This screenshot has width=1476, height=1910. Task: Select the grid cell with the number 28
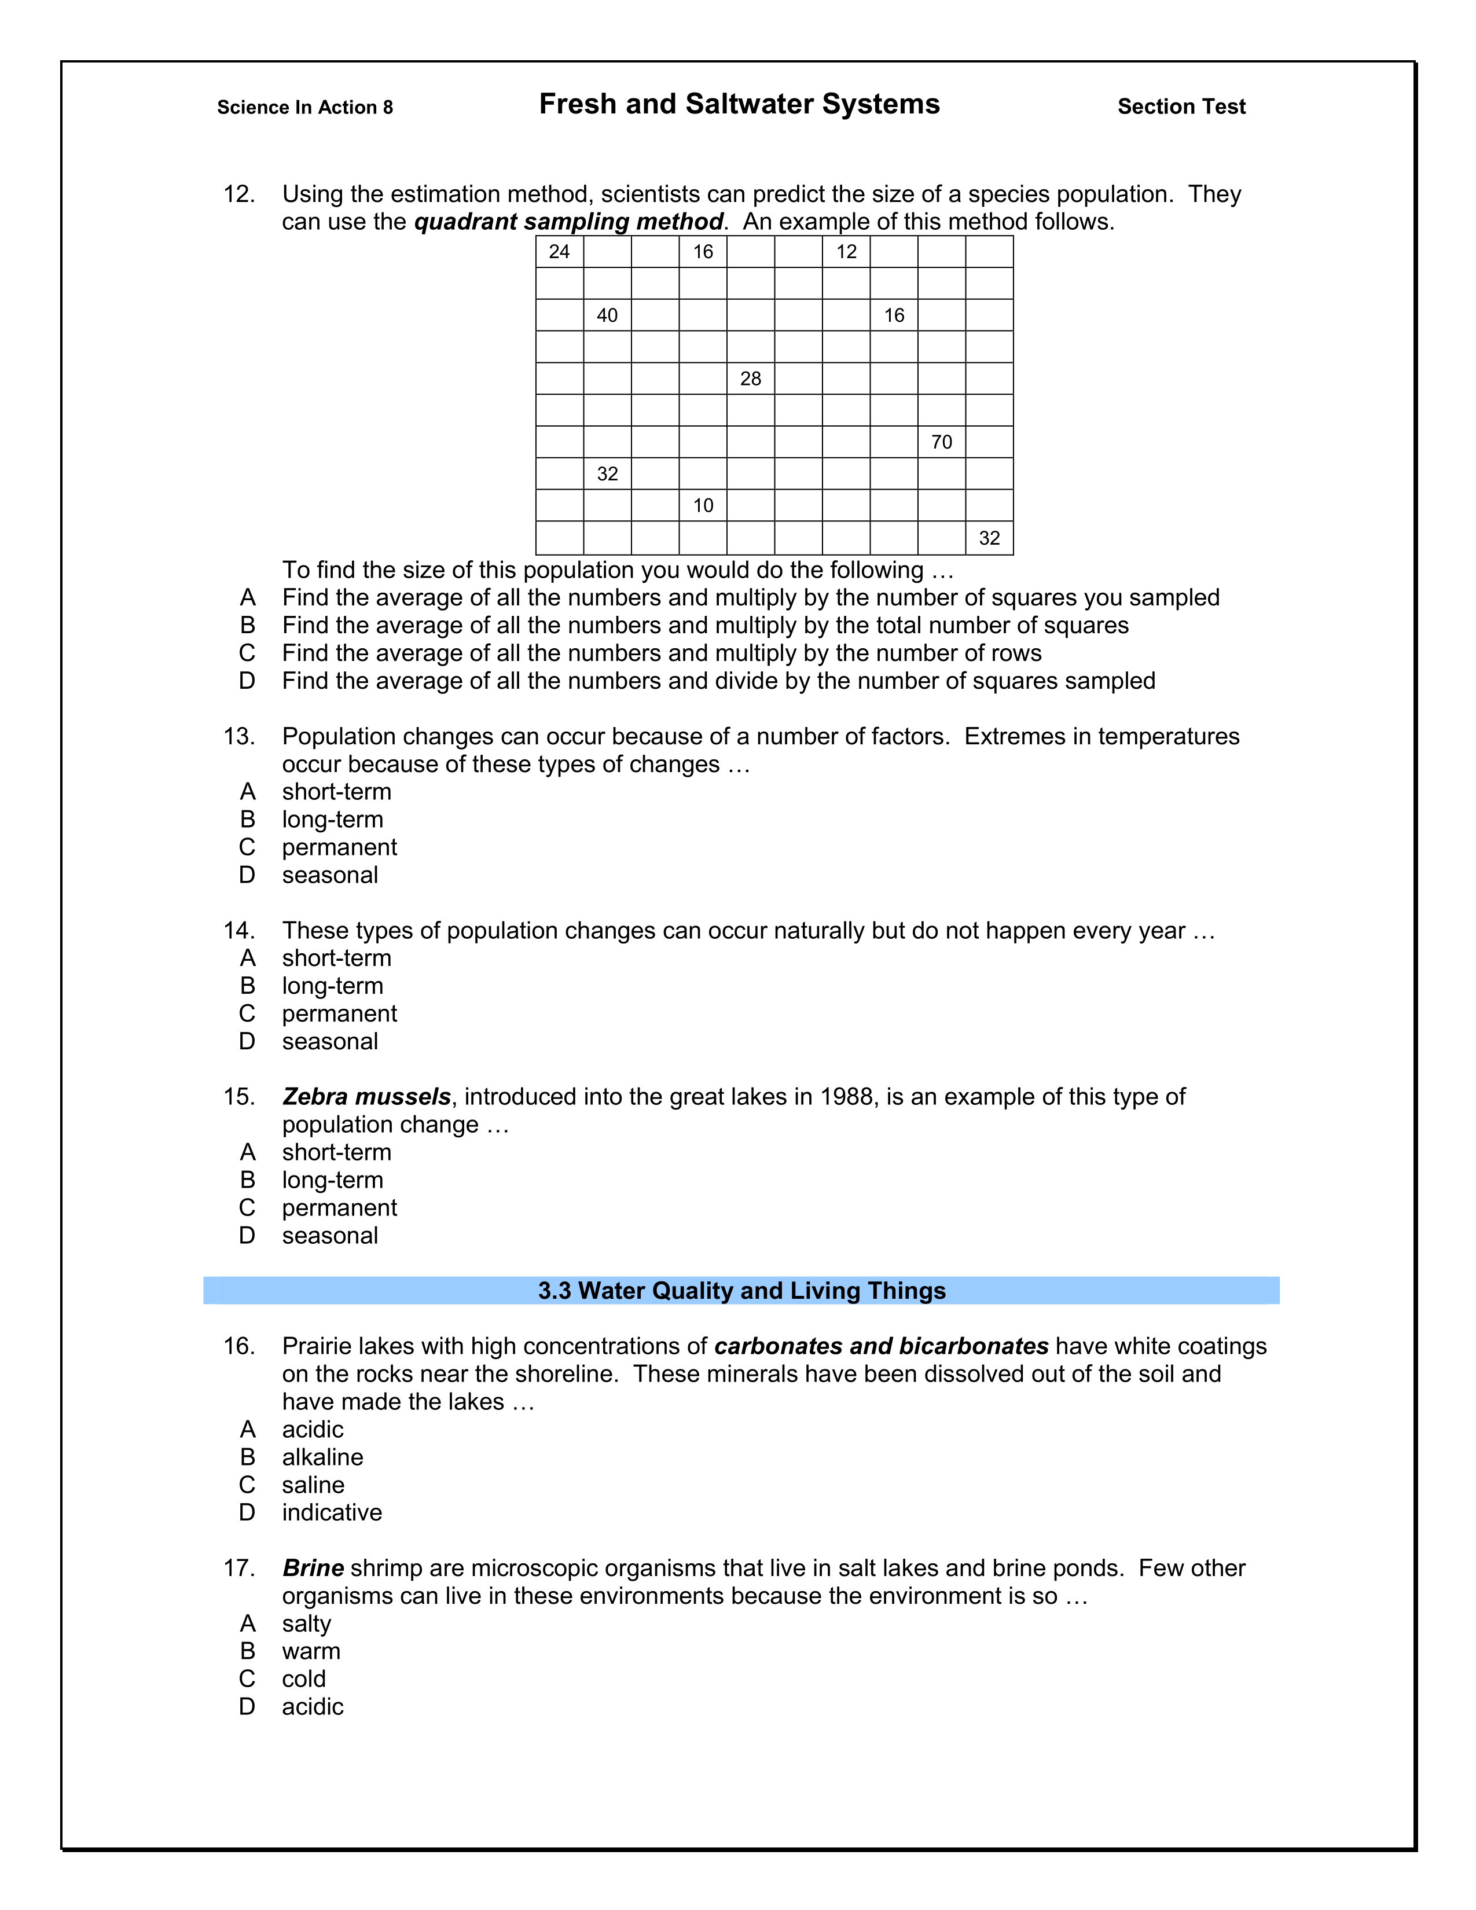[750, 379]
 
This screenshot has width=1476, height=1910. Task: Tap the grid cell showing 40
[607, 315]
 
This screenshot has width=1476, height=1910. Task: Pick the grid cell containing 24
[560, 252]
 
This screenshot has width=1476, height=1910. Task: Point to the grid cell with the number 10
[703, 505]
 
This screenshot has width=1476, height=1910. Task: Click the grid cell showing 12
[846, 252]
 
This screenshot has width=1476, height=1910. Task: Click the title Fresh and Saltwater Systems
[739, 104]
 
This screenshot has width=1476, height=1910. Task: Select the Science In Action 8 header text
[305, 108]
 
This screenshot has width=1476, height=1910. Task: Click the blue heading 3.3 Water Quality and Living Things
[741, 1291]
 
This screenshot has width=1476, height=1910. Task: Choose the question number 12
[238, 194]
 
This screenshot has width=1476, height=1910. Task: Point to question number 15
[238, 1097]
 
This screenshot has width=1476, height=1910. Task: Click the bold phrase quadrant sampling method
[568, 222]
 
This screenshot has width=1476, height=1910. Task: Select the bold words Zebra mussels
[366, 1097]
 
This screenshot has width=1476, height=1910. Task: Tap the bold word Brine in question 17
[313, 1568]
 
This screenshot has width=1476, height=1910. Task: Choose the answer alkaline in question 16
[322, 1457]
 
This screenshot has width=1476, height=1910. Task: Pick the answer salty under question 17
[306, 1624]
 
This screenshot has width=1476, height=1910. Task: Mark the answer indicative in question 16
[332, 1513]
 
